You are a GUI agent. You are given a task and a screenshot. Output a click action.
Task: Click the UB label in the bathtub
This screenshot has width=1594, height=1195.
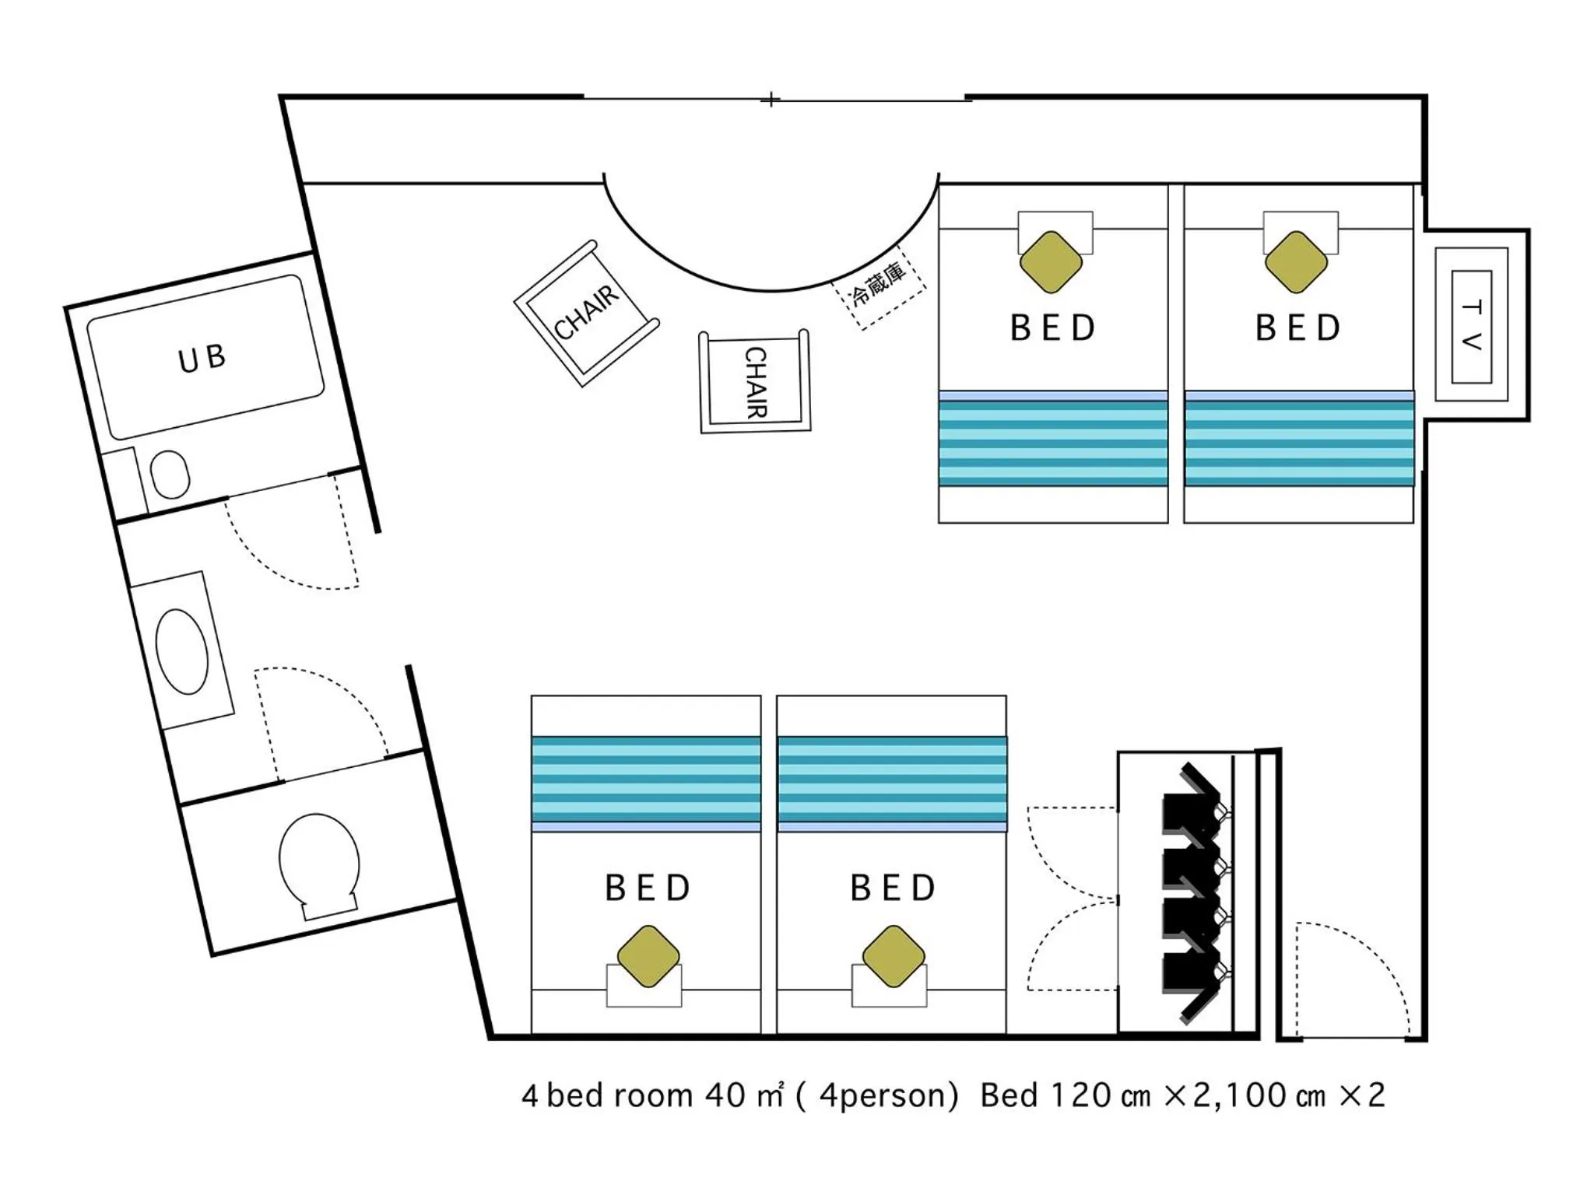click(x=202, y=358)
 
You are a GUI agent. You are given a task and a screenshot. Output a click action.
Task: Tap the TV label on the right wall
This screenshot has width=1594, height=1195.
click(x=1471, y=325)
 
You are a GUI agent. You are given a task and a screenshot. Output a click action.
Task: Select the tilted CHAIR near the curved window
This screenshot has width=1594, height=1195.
click(x=587, y=313)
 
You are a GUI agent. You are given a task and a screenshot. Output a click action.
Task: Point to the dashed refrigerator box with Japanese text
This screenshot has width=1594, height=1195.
click(x=879, y=286)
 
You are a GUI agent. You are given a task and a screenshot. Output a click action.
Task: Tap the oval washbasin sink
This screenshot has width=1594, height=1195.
click(x=182, y=651)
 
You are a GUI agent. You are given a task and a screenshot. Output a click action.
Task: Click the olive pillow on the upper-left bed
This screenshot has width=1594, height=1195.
click(x=1051, y=262)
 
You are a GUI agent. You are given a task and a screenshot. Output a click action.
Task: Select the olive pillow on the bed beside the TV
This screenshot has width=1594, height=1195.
click(x=1296, y=262)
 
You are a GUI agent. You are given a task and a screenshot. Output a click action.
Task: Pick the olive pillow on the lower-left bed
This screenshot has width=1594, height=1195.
click(x=648, y=956)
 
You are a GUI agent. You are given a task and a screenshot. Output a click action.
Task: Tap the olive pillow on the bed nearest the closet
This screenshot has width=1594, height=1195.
click(x=894, y=956)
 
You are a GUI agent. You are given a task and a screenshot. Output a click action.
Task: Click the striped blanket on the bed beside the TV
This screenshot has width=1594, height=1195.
click(x=1299, y=439)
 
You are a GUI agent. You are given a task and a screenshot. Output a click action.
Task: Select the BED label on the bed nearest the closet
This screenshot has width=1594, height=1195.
click(x=893, y=888)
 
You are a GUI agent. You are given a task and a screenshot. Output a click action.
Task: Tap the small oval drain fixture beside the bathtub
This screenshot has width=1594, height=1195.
click(x=170, y=475)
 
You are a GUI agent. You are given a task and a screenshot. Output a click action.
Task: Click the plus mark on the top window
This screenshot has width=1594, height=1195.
click(x=771, y=100)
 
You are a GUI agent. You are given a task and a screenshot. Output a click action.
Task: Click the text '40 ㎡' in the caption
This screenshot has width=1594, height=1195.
click(x=744, y=1095)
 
